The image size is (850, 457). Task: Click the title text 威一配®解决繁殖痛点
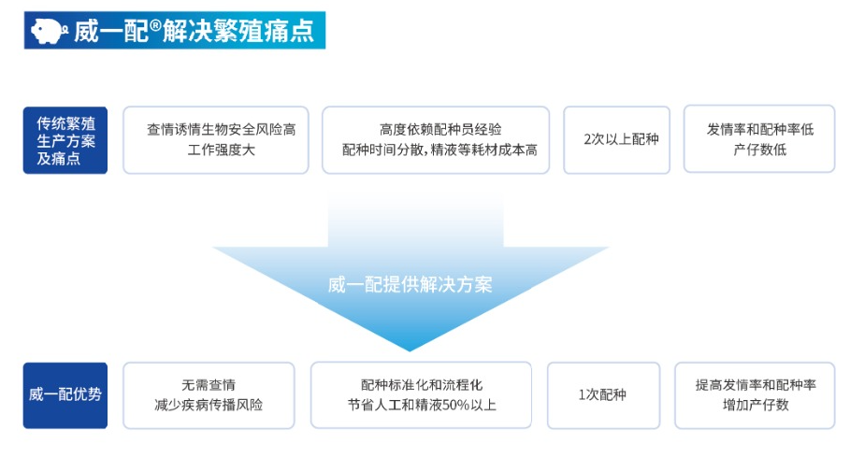click(x=194, y=31)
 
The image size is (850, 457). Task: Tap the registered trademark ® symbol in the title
click(x=155, y=25)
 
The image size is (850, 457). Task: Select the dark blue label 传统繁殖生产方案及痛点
click(x=65, y=140)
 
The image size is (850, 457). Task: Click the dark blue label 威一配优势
click(x=65, y=395)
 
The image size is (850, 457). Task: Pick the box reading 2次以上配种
click(x=617, y=139)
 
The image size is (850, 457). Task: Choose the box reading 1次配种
click(x=603, y=395)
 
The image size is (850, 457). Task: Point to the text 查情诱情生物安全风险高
click(x=222, y=130)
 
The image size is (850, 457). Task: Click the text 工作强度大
click(x=222, y=150)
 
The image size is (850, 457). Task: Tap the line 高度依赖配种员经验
click(x=440, y=130)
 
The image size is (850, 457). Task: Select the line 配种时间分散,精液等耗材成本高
click(x=439, y=150)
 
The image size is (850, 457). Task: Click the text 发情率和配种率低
click(x=760, y=129)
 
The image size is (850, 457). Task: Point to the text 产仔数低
click(x=760, y=150)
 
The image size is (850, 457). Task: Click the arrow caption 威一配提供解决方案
click(x=411, y=285)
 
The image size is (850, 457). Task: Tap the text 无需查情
click(x=209, y=385)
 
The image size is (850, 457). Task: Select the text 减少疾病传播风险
click(x=209, y=405)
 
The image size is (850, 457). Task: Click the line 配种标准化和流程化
click(x=421, y=385)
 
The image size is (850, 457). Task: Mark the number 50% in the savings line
click(x=456, y=405)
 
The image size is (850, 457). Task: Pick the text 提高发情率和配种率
click(x=756, y=385)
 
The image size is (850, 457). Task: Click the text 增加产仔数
click(x=756, y=405)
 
